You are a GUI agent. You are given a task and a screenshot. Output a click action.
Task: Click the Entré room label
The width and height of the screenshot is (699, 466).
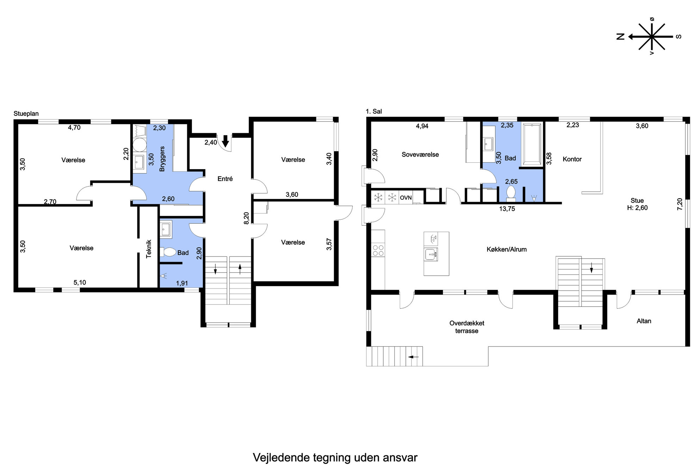[225, 179]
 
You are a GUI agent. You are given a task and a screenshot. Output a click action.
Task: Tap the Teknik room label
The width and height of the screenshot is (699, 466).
[149, 249]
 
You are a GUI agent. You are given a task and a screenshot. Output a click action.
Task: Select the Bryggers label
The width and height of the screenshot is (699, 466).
[162, 159]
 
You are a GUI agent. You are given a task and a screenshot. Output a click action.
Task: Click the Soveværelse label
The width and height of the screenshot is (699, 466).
[420, 155]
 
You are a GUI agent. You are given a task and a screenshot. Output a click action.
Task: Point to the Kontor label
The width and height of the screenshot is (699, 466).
[572, 159]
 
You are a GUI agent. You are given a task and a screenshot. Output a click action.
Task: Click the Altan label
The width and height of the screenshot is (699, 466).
[644, 321]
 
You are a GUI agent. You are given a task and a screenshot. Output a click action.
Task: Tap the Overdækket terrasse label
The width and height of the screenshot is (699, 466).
[466, 327]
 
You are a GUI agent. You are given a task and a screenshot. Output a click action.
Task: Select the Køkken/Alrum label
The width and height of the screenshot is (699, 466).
[506, 249]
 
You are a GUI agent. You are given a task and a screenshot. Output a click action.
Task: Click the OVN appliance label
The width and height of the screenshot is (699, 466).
[406, 198]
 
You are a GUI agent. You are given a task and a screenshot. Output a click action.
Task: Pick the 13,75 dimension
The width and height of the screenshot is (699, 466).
[507, 209]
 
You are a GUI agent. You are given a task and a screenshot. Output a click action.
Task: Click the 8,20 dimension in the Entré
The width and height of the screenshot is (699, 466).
[247, 218]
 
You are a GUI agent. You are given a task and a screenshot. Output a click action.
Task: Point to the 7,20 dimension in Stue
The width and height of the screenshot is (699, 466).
[680, 204]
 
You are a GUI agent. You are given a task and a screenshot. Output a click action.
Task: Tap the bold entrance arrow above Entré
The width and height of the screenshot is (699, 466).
[225, 141]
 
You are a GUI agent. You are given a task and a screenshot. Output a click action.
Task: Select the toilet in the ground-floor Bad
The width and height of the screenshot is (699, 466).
[168, 252]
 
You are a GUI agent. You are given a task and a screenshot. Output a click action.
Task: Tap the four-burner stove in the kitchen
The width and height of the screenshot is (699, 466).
[378, 250]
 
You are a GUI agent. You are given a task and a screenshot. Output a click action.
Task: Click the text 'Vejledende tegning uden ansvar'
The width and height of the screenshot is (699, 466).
[335, 458]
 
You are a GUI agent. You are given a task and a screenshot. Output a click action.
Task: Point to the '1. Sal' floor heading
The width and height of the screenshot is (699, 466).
[373, 111]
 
